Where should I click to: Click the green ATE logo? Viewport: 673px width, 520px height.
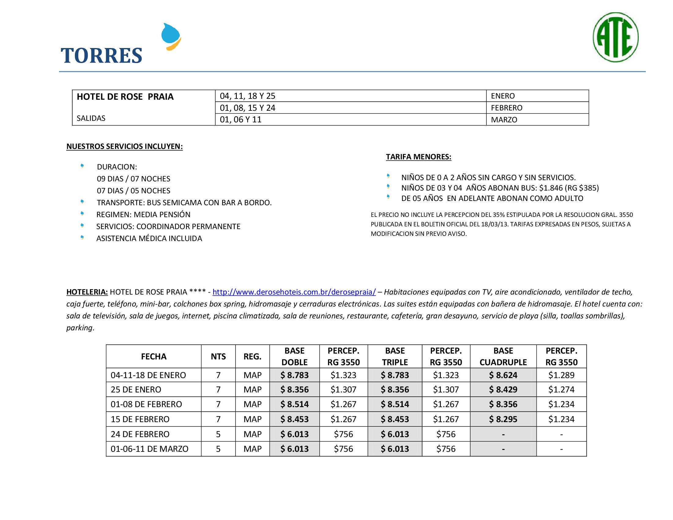[615, 37]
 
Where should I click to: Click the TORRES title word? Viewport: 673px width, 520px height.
[101, 56]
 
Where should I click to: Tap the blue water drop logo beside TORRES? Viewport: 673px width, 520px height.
[171, 36]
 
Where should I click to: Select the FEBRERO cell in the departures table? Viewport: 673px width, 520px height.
[506, 108]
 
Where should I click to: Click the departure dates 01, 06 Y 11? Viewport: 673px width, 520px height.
[240, 120]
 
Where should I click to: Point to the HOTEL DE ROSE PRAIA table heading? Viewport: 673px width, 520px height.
[125, 97]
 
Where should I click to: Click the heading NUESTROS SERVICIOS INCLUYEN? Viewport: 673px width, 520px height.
[125, 146]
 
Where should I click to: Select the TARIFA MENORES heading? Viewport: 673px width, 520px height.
[418, 157]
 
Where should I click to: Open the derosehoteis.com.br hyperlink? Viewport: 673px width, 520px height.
[294, 292]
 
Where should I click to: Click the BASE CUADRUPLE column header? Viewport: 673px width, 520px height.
[503, 356]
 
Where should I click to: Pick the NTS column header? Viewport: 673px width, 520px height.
[218, 356]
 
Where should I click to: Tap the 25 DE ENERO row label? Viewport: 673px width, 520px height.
[136, 389]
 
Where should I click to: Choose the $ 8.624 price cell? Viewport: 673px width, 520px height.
[503, 375]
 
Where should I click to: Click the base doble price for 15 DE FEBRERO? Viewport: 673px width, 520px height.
[294, 419]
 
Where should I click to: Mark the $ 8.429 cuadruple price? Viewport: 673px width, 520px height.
[503, 389]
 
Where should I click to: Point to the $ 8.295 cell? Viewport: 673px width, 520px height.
[503, 419]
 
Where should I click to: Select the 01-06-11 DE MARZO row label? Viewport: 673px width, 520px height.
[150, 449]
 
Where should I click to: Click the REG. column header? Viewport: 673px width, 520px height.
[252, 356]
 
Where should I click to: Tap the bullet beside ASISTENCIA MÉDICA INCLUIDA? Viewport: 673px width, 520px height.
[82, 237]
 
